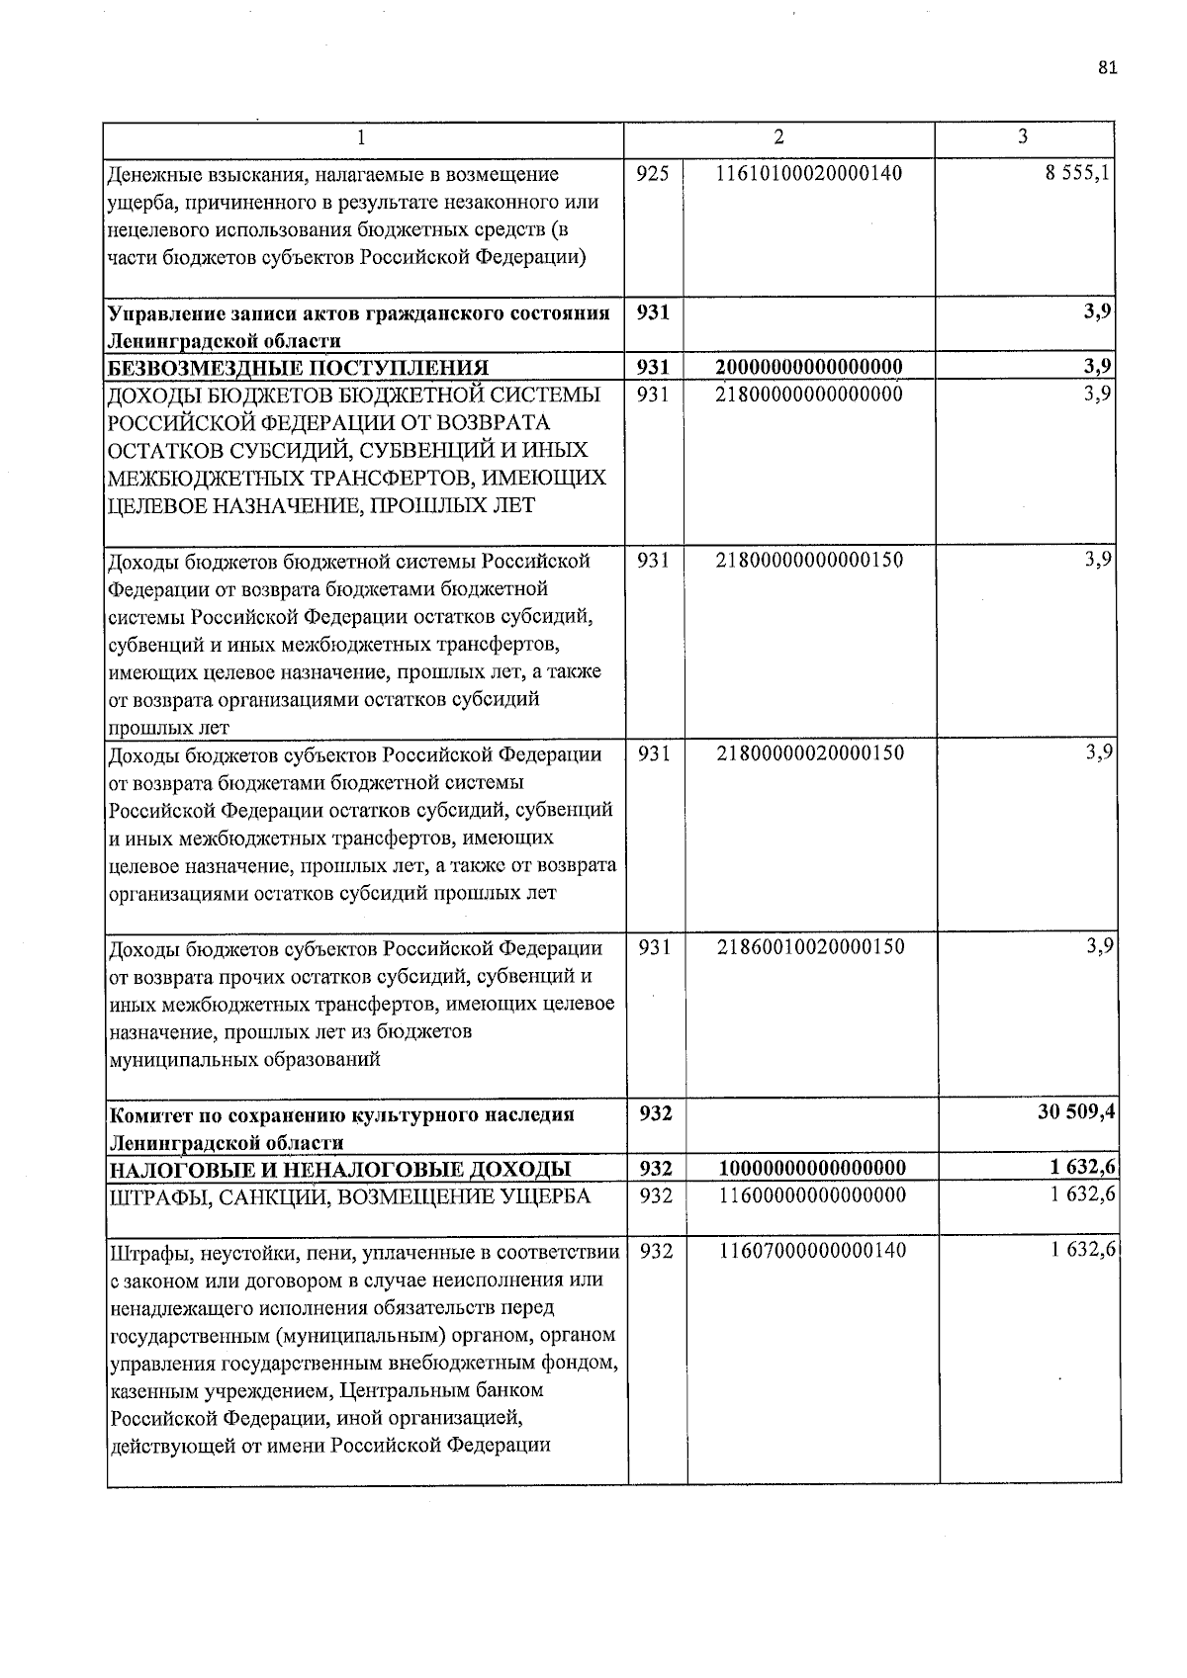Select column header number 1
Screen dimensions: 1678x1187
click(x=362, y=137)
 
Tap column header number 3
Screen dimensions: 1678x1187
click(x=1022, y=136)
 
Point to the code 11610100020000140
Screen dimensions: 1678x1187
click(x=808, y=174)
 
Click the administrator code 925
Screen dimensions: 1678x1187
click(x=653, y=174)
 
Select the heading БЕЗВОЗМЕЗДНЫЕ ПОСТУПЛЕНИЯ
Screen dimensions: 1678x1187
click(x=298, y=369)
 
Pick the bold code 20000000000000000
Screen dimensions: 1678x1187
click(x=808, y=368)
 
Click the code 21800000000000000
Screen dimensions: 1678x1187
click(x=808, y=394)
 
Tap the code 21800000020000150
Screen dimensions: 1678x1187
click(x=808, y=752)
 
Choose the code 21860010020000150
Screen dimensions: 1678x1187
click(x=808, y=946)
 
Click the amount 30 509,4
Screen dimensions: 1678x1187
click(x=1076, y=1111)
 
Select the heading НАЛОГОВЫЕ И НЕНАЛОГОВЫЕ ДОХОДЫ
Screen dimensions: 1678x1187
click(x=339, y=1169)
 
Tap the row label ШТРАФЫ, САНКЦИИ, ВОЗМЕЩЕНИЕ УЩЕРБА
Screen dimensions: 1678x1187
click(x=349, y=1196)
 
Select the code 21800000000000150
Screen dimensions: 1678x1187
click(x=808, y=560)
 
